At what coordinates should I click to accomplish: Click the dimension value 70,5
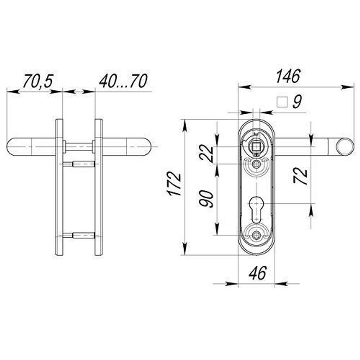(38, 81)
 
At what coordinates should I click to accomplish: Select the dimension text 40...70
(123, 81)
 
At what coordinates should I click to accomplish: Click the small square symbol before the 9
(283, 103)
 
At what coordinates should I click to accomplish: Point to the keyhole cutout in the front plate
(256, 208)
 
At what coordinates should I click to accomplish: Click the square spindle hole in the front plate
(256, 147)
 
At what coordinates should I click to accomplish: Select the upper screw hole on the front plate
(256, 164)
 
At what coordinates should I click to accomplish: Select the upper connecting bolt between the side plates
(78, 165)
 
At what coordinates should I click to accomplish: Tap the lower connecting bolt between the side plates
(78, 235)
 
